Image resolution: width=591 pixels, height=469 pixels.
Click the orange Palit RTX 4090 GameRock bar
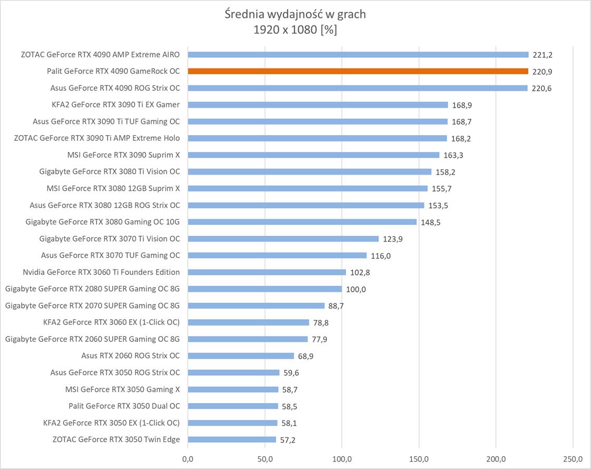(358, 71)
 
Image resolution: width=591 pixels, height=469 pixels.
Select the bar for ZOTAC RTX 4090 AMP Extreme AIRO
(358, 54)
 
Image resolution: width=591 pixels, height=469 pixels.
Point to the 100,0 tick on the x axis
(342, 457)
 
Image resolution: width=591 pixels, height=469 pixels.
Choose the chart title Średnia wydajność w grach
(295, 14)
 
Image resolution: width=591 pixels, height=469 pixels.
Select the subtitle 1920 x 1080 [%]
(295, 30)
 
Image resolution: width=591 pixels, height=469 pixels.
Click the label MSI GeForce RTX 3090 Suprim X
(123, 155)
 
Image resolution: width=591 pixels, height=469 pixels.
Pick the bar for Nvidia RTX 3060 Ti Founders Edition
(267, 272)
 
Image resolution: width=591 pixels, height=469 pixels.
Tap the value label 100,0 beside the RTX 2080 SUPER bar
(356, 289)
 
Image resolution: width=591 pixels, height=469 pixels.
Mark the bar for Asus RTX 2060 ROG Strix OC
(241, 356)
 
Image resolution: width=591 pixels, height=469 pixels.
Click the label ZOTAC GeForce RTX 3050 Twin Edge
(116, 439)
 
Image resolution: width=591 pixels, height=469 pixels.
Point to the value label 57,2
(288, 440)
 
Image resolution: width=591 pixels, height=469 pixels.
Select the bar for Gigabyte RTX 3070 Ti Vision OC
(283, 239)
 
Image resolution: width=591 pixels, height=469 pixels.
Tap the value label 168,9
(462, 106)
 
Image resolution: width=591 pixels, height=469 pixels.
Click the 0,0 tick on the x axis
(188, 457)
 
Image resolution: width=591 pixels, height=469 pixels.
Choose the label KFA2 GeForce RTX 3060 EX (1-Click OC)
(111, 322)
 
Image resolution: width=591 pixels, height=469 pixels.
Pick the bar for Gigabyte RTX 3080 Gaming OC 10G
(302, 222)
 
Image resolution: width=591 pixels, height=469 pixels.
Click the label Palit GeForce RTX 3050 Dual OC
(124, 406)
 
